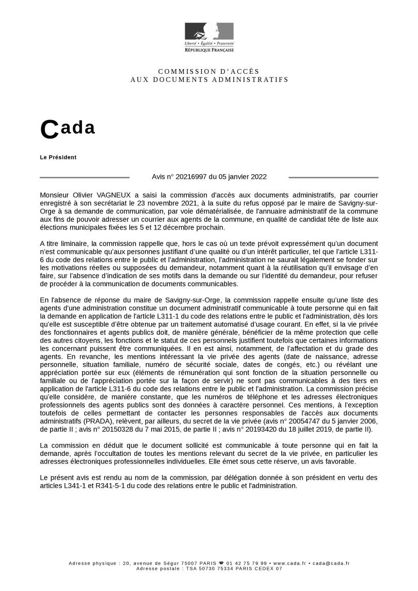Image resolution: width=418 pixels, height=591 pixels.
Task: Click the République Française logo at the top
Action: point(209,37)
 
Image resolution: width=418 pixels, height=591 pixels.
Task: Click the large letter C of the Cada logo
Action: point(49,130)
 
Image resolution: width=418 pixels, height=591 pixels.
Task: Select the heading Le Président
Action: point(58,157)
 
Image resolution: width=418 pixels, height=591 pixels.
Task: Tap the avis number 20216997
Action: point(191,177)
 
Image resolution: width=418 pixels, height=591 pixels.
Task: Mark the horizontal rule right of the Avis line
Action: point(333,177)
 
